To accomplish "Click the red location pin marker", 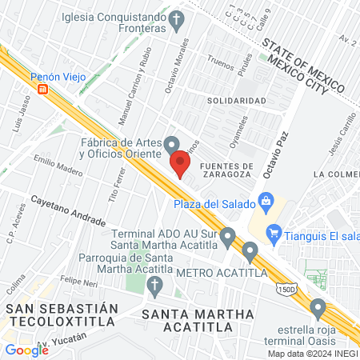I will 181,166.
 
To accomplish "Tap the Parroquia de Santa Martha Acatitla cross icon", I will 157,285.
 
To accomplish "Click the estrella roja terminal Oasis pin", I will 318,307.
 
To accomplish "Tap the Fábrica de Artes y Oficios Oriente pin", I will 172,144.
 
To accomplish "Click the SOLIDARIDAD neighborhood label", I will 236,101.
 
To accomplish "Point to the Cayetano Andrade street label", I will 68,210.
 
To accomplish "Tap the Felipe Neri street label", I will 78,281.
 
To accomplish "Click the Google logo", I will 26,350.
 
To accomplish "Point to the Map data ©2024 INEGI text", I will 311,354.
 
